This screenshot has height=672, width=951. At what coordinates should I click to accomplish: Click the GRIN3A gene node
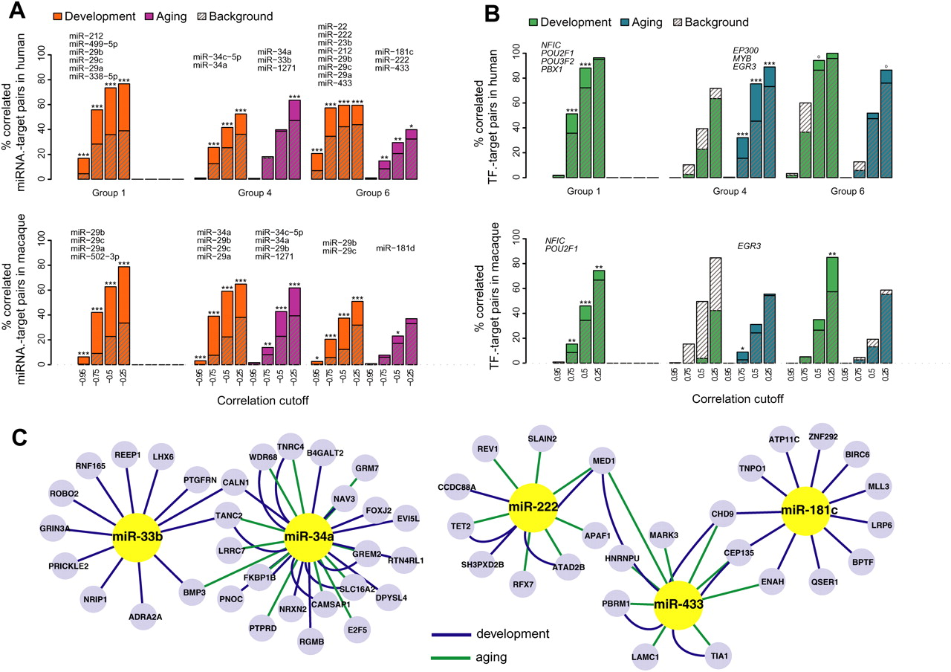point(45,529)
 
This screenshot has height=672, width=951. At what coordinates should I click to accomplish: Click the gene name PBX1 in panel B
point(553,91)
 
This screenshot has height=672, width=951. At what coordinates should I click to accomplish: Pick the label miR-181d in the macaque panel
point(395,248)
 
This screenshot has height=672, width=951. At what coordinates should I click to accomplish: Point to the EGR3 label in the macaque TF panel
point(748,244)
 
